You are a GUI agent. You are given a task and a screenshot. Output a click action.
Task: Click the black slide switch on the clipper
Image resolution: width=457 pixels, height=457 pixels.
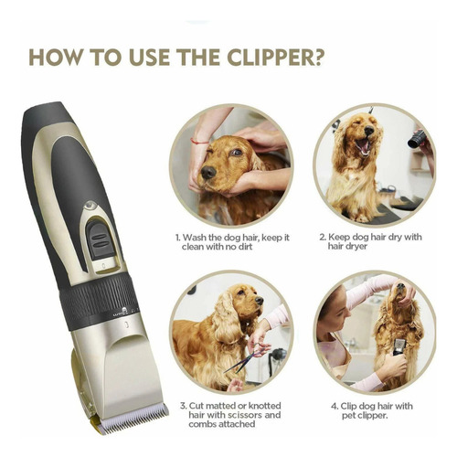click(x=101, y=239)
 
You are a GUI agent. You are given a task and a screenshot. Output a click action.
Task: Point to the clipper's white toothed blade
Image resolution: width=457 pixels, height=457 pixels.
click(x=134, y=418)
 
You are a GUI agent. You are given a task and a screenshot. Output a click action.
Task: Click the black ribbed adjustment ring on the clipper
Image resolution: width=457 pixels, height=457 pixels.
click(x=99, y=301)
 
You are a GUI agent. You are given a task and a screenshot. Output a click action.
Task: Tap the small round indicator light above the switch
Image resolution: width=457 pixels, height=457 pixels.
click(x=90, y=206)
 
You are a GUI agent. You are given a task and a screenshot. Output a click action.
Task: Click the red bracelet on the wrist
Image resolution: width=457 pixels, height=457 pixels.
click(x=199, y=142)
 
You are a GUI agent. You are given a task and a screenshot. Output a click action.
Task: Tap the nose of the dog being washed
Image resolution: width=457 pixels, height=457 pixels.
click(x=208, y=173)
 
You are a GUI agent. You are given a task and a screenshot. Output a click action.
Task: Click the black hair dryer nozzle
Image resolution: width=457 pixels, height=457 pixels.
click(x=417, y=139)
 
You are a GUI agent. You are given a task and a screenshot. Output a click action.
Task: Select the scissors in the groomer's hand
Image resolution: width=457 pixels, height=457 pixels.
click(x=244, y=359)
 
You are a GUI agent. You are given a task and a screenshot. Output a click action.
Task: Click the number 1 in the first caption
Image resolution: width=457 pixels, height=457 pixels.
click(x=177, y=238)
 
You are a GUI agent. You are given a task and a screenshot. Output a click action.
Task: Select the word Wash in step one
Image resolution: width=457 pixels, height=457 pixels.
click(x=195, y=238)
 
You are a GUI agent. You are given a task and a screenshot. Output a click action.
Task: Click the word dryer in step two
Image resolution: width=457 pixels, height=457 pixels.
click(x=356, y=247)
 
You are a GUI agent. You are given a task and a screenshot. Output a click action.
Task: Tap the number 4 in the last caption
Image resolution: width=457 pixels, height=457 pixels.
click(x=335, y=406)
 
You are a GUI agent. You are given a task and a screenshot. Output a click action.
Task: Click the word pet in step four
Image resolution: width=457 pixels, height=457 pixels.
click(x=347, y=416)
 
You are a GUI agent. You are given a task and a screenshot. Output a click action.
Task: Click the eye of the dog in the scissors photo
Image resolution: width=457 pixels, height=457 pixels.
click(x=240, y=292)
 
